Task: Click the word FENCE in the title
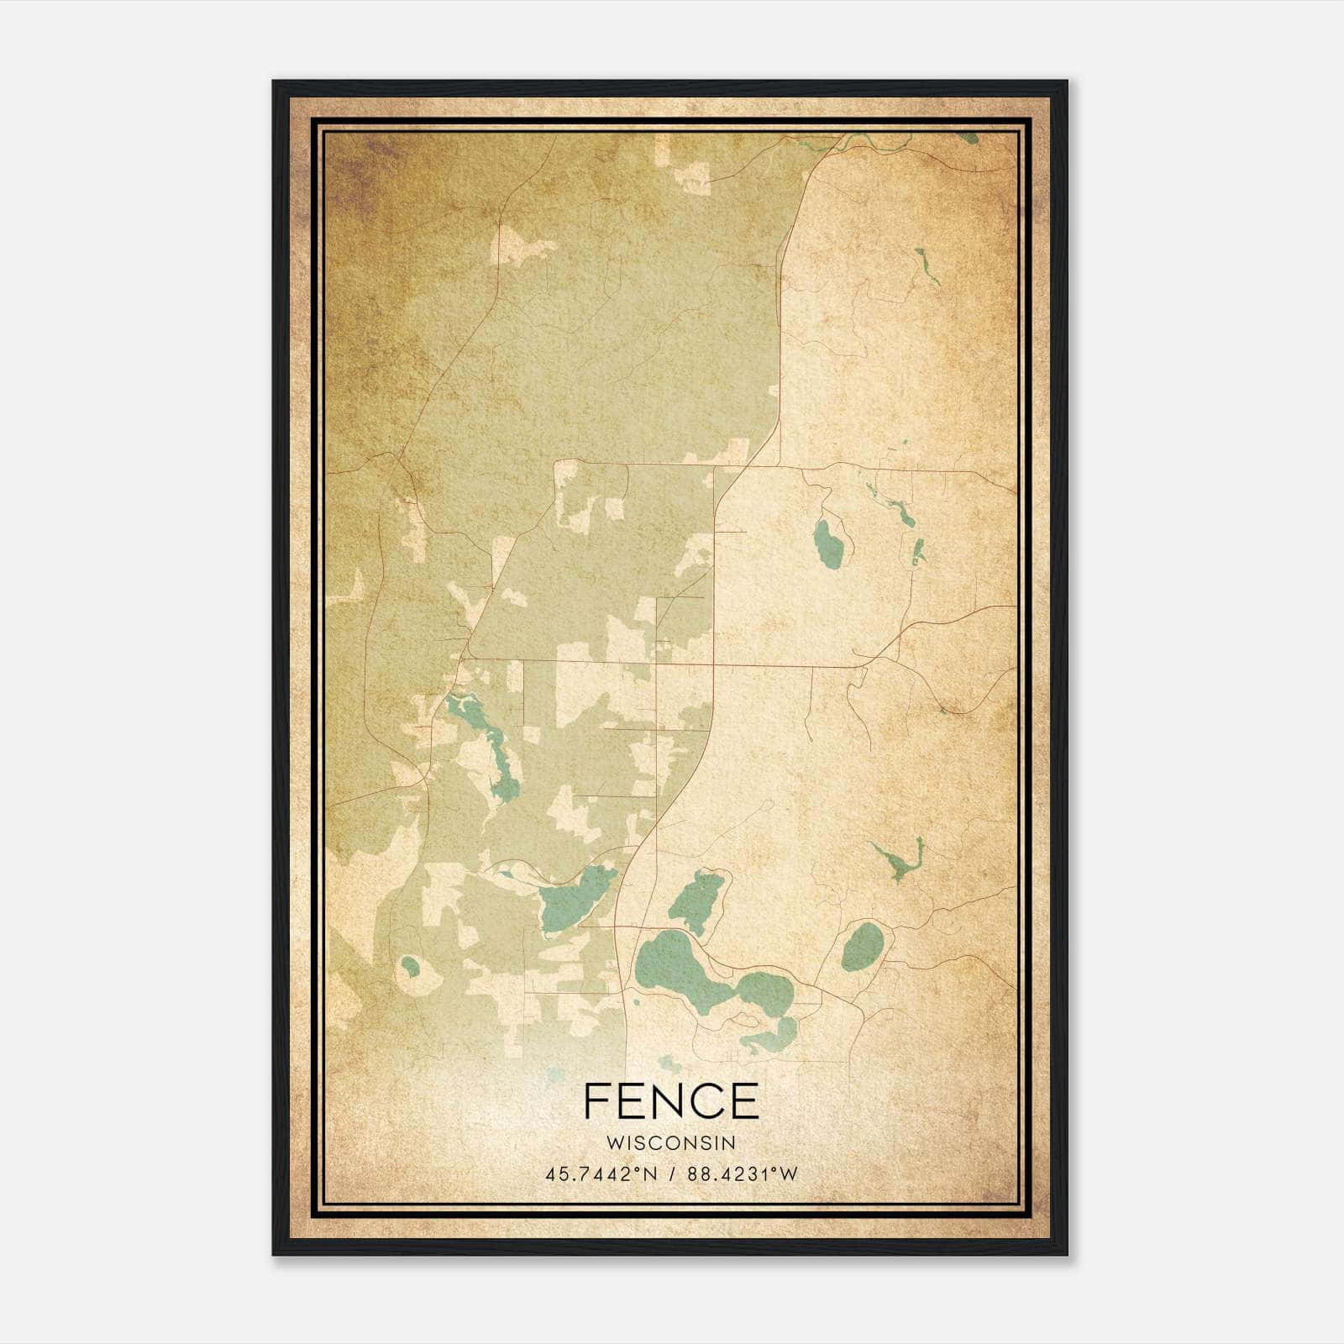(x=670, y=1101)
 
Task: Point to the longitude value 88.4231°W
(x=742, y=1174)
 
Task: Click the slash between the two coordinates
(x=672, y=1174)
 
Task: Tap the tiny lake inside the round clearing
(x=410, y=966)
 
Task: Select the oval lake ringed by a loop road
(x=860, y=946)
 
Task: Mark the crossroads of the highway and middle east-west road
(x=714, y=664)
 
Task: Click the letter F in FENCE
(x=596, y=1101)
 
